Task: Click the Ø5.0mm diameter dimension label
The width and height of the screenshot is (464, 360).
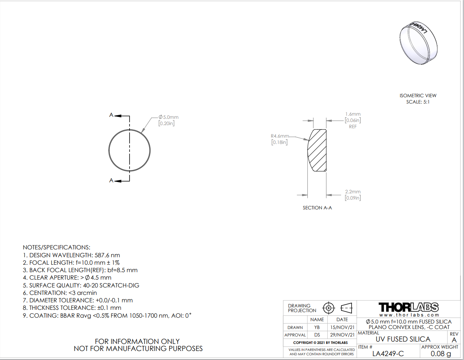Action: tap(168, 117)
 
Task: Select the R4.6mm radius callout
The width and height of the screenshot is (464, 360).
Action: tap(280, 136)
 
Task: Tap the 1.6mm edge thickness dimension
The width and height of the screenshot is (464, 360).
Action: tap(353, 114)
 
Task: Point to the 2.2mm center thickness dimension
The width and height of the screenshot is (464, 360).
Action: tap(353, 192)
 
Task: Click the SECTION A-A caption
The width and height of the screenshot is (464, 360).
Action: tap(317, 208)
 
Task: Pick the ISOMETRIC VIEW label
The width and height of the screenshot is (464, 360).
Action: tap(418, 95)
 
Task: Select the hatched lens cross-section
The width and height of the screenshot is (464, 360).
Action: tap(317, 150)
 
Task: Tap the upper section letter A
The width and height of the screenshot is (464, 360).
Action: tap(111, 115)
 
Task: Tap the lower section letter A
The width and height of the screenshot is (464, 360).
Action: tap(111, 180)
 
